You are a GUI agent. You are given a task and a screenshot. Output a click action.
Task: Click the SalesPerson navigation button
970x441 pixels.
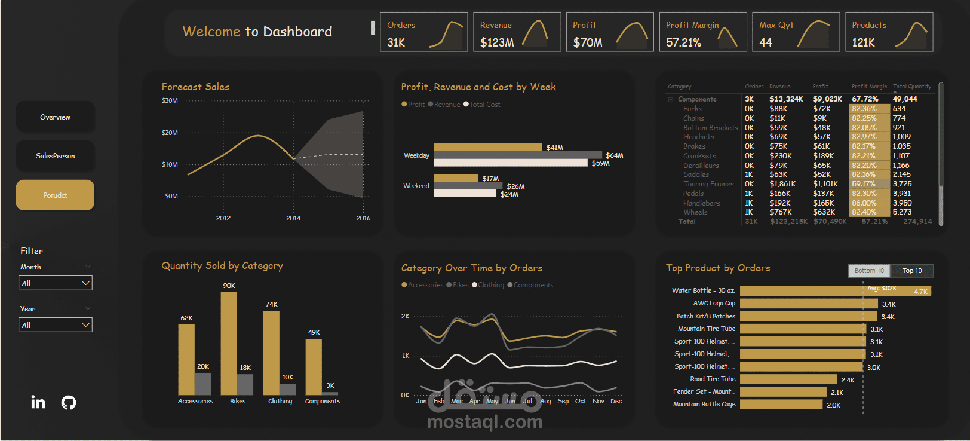pyautogui.click(x=55, y=156)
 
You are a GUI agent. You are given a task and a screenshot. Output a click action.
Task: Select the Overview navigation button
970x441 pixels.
pyautogui.click(x=55, y=117)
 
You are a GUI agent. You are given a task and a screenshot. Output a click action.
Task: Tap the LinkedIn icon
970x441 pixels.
pyautogui.click(x=38, y=402)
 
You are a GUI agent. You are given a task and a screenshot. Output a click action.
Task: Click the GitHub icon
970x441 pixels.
pyautogui.click(x=69, y=402)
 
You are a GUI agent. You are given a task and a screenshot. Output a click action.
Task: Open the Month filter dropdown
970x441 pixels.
pyautogui.click(x=56, y=283)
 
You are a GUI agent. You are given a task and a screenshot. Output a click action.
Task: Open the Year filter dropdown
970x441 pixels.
pyautogui.click(x=56, y=325)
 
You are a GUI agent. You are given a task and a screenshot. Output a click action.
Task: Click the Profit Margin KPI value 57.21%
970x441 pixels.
pyautogui.click(x=683, y=42)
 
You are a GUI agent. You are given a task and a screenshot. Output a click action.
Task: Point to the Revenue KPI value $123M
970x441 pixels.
pyautogui.click(x=497, y=42)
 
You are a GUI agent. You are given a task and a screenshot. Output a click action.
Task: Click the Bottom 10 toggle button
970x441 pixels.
pyautogui.click(x=869, y=271)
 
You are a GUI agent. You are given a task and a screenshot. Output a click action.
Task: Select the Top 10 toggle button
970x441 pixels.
pyautogui.click(x=912, y=271)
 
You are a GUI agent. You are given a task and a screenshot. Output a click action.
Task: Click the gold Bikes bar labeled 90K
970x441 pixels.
pyautogui.click(x=229, y=343)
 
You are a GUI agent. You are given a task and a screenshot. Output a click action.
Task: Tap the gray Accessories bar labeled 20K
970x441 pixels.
pyautogui.click(x=203, y=384)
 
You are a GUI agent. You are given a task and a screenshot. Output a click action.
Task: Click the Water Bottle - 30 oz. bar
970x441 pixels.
pyautogui.click(x=835, y=291)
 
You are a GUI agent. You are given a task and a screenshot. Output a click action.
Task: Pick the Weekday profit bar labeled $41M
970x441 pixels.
pyautogui.click(x=487, y=147)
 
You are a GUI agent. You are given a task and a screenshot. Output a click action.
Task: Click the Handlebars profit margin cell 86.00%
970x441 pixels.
pyautogui.click(x=864, y=203)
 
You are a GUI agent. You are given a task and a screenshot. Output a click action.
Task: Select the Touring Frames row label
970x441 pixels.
pyautogui.click(x=708, y=184)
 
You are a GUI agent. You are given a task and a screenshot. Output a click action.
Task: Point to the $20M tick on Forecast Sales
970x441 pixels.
pyautogui.click(x=170, y=133)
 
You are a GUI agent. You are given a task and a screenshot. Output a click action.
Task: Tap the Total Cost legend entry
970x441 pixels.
pyautogui.click(x=484, y=105)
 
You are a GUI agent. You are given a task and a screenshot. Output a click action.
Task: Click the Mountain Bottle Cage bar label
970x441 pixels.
pyautogui.click(x=704, y=405)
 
